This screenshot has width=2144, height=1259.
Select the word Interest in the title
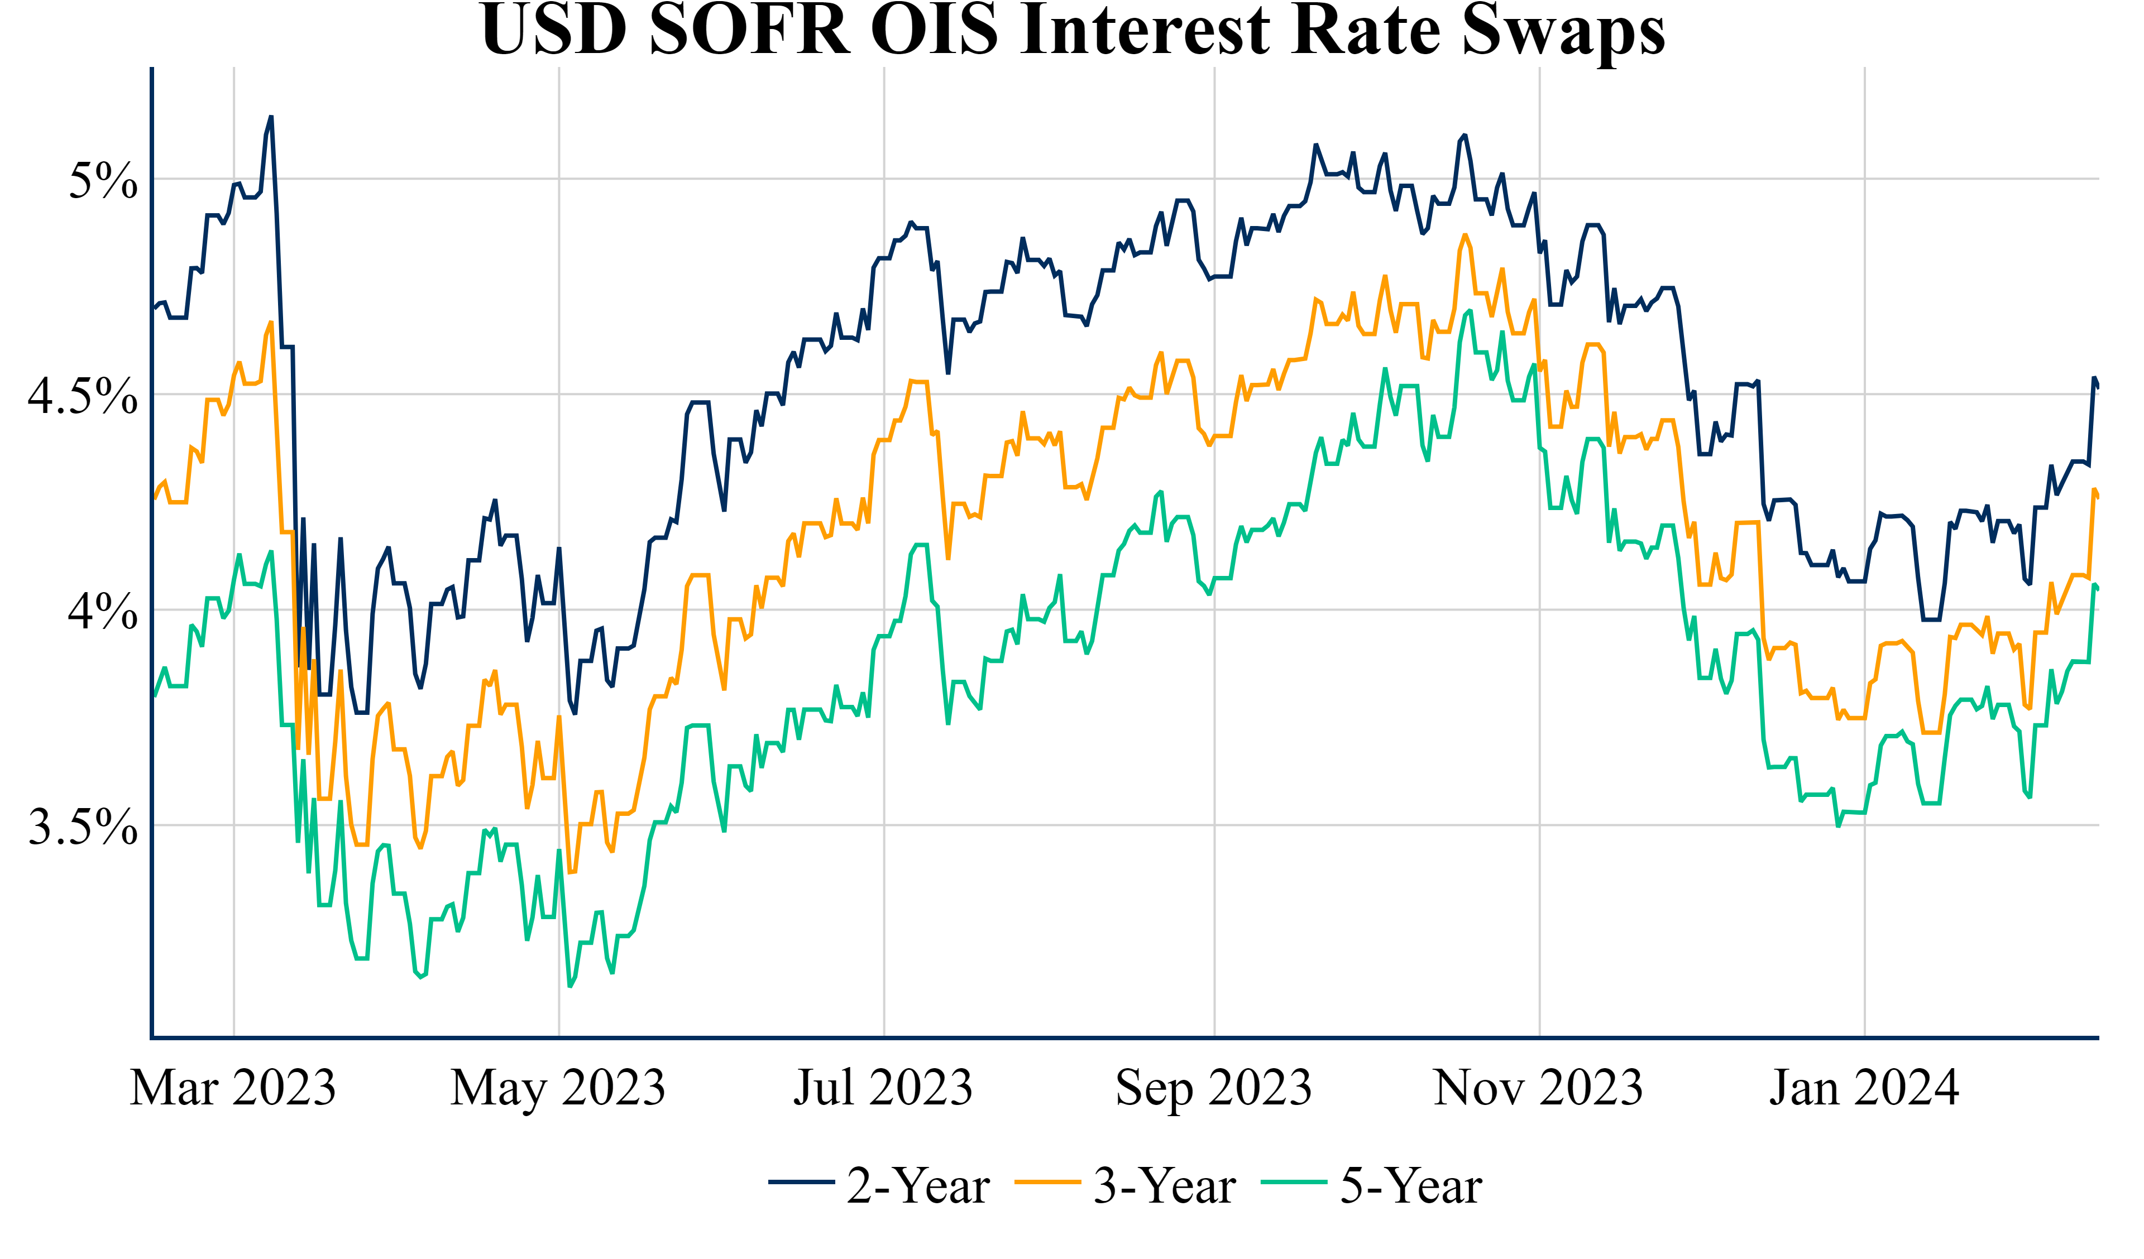coord(1145,31)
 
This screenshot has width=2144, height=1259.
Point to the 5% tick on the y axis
coord(103,180)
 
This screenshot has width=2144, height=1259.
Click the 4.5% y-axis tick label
coord(83,396)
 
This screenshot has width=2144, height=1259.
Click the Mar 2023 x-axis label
coord(233,1088)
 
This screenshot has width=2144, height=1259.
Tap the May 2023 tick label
coord(558,1088)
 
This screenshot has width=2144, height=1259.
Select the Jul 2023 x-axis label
coord(883,1088)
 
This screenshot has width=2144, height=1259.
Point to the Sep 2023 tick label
coord(1213,1088)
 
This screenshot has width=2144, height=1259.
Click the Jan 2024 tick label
coord(1864,1088)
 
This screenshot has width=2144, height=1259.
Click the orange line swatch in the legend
coord(1048,1183)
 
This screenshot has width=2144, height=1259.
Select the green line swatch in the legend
coord(1294,1183)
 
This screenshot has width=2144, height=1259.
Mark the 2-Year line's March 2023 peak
coord(271,117)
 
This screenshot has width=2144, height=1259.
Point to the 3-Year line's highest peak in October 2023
coord(1465,236)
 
